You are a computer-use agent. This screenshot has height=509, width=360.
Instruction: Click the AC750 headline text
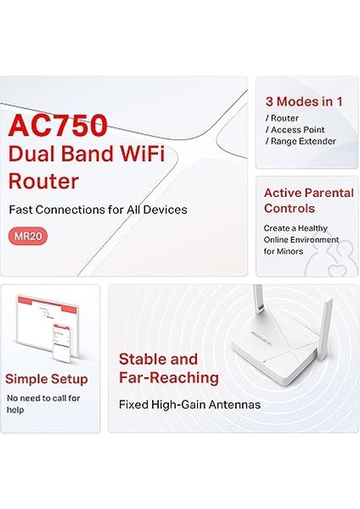tap(58, 125)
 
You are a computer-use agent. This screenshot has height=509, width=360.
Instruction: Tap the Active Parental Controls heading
tap(307, 200)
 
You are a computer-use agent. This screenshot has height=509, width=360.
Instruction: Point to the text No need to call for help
tap(43, 403)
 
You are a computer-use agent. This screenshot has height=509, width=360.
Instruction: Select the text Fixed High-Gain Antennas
tap(189, 404)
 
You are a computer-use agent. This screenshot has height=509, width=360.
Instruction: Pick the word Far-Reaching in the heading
tap(169, 378)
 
